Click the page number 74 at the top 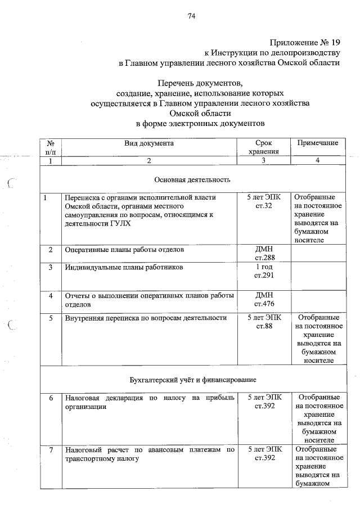click(191, 16)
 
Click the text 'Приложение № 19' click(305, 42)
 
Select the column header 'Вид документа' click(149, 143)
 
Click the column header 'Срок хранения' click(263, 147)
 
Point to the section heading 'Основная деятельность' click(192, 180)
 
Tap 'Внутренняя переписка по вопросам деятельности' click(146, 318)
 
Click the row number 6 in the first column click(51, 398)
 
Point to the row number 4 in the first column click(51, 296)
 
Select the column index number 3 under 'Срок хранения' click(263, 161)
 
